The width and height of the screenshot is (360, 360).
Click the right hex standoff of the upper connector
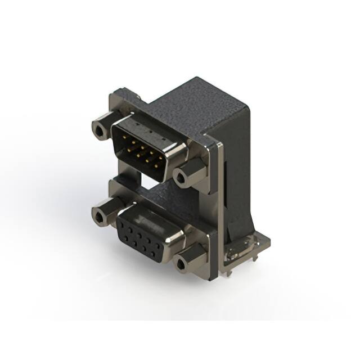[x=186, y=175]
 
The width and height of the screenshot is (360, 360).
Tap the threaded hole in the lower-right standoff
[x=181, y=264]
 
